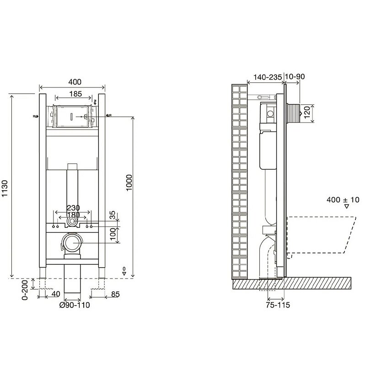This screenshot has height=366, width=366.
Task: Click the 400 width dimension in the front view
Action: pyautogui.click(x=75, y=82)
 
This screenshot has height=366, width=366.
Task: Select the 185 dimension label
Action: pyautogui.click(x=75, y=94)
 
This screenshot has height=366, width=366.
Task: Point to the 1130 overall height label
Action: pyautogui.click(x=5, y=188)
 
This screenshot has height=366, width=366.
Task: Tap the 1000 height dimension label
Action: pyautogui.click(x=129, y=183)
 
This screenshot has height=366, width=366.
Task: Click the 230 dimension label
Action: pyautogui.click(x=73, y=208)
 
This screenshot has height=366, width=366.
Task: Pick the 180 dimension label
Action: pyautogui.click(x=73, y=215)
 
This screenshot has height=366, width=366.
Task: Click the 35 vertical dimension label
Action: pyautogui.click(x=113, y=215)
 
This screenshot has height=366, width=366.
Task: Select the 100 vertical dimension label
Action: pyautogui.click(x=113, y=234)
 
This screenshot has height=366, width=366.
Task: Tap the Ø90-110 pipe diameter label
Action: pyautogui.click(x=75, y=305)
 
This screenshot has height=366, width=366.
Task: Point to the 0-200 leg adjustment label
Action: pyautogui.click(x=25, y=290)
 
